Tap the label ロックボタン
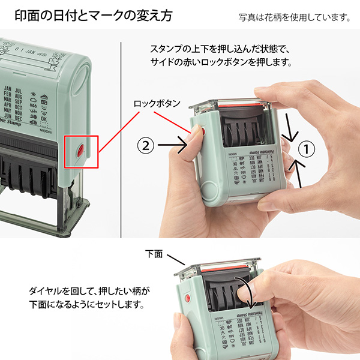tap(157, 103)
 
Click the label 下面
tap(154, 254)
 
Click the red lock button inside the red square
tap(80, 148)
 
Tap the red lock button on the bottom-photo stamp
tap(187, 298)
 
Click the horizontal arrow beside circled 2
tap(174, 145)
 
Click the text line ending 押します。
tap(221, 62)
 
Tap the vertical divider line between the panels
tap(122, 138)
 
